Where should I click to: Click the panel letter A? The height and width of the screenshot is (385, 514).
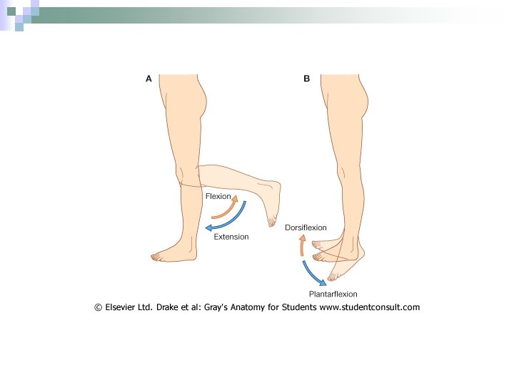[148, 79]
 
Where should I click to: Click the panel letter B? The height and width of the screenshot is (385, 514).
[306, 79]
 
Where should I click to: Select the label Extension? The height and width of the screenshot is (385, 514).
[231, 237]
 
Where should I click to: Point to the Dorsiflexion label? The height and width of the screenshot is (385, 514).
[306, 227]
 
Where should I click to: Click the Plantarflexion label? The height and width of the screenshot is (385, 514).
[333, 294]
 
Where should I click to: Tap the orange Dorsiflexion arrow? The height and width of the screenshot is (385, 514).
[301, 246]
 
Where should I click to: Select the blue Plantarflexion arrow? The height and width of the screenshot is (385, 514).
[310, 272]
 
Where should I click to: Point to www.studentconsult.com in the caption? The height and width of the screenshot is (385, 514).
[369, 307]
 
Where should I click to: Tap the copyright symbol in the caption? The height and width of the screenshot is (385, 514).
[98, 307]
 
